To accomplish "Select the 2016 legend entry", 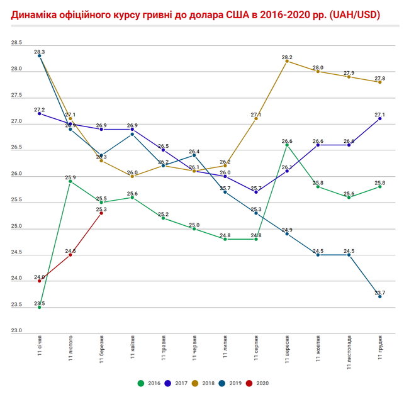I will [148, 383].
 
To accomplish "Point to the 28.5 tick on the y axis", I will [16, 43].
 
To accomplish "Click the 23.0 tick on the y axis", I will [16, 331].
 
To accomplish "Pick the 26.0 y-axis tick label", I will [16, 174].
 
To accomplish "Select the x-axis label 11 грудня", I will [380, 350].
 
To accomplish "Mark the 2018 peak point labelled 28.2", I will [287, 61].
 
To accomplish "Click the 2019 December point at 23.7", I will [379, 296].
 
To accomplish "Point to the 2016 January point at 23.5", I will [40, 307].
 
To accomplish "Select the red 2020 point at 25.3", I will [101, 213].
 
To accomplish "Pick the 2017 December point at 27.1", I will [379, 118].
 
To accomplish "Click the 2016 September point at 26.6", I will [287, 145].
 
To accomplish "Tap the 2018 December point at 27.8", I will [379, 82].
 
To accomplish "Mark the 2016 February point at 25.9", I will [70, 181].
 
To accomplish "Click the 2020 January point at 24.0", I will [40, 281].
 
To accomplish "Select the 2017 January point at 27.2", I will [40, 113].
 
